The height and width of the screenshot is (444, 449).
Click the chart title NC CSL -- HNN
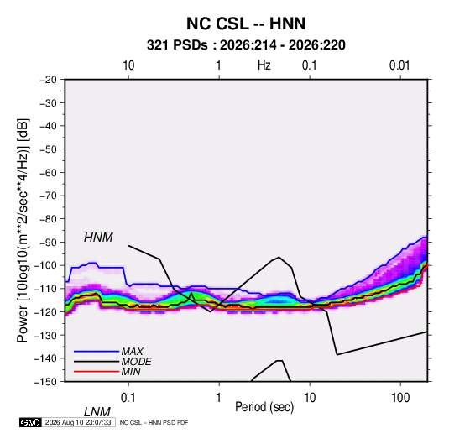coord(246,24)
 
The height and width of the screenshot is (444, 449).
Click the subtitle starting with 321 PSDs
coord(246,45)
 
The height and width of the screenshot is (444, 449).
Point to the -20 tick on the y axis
coord(48,80)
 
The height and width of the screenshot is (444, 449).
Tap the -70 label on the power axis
coord(48,196)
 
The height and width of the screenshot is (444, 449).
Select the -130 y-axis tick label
coord(45,335)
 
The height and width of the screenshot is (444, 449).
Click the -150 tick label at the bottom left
coord(45,382)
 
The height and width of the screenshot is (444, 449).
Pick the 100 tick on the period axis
coord(400,398)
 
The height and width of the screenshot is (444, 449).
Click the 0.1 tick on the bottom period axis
coord(128,398)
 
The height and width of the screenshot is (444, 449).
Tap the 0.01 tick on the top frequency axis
coord(399,65)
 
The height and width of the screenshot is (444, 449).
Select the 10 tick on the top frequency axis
coord(128,65)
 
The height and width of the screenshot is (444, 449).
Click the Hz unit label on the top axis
coord(264,65)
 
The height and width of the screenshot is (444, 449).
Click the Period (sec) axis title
coord(264,407)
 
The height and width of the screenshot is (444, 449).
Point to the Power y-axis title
coord(23,230)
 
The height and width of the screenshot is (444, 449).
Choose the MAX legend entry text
coord(132,352)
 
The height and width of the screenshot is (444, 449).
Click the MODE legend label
coord(136,362)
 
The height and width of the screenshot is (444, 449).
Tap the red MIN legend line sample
coord(97,372)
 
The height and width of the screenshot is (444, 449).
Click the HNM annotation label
coord(98,238)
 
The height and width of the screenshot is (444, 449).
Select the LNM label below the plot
coord(97,412)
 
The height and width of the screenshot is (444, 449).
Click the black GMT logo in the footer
coord(30,422)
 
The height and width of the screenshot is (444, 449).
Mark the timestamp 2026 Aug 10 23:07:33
coord(78,422)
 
